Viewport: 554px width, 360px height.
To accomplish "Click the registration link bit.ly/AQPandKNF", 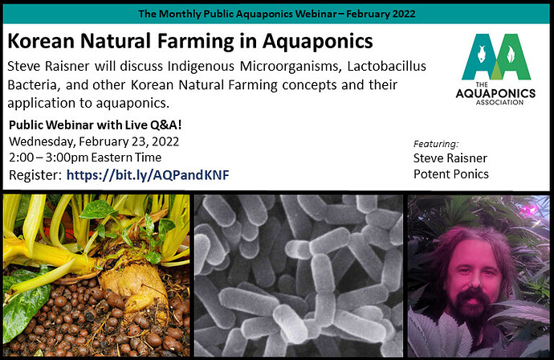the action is click(x=148, y=175).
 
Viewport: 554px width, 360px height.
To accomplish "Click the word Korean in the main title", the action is click(x=41, y=41).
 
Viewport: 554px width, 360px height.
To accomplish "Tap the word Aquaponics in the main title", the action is click(x=318, y=42).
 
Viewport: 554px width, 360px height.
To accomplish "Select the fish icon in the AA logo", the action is click(x=481, y=54).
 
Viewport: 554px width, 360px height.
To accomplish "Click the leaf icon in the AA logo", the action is click(x=511, y=54).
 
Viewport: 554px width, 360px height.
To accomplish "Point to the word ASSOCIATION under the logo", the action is click(x=499, y=102).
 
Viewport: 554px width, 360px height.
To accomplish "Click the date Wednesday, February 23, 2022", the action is click(x=94, y=141).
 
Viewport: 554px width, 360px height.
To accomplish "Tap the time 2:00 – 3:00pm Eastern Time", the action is click(x=85, y=157).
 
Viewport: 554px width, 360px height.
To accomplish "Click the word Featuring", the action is click(x=436, y=144).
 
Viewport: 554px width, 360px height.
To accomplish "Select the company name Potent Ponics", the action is click(x=451, y=174).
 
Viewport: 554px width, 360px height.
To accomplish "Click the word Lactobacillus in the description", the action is click(x=386, y=66).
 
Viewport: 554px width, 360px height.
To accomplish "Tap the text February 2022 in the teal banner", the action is click(x=381, y=14).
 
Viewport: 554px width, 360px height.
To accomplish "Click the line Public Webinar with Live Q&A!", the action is click(x=96, y=125).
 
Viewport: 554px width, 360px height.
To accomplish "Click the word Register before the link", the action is click(x=35, y=175).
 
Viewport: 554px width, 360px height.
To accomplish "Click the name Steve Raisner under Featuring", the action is click(x=450, y=158).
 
